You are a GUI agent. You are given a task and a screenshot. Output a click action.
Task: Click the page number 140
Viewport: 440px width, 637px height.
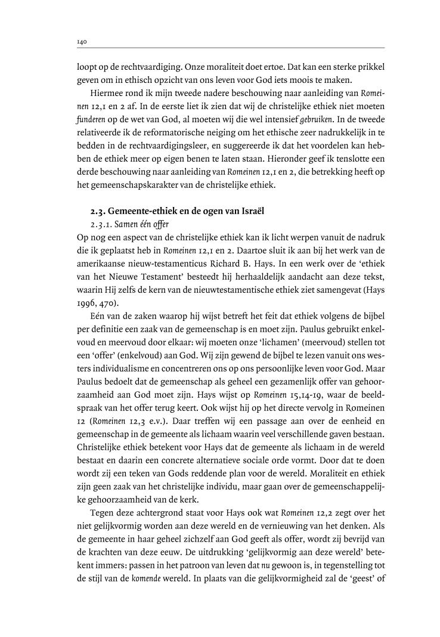(x=82, y=42)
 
